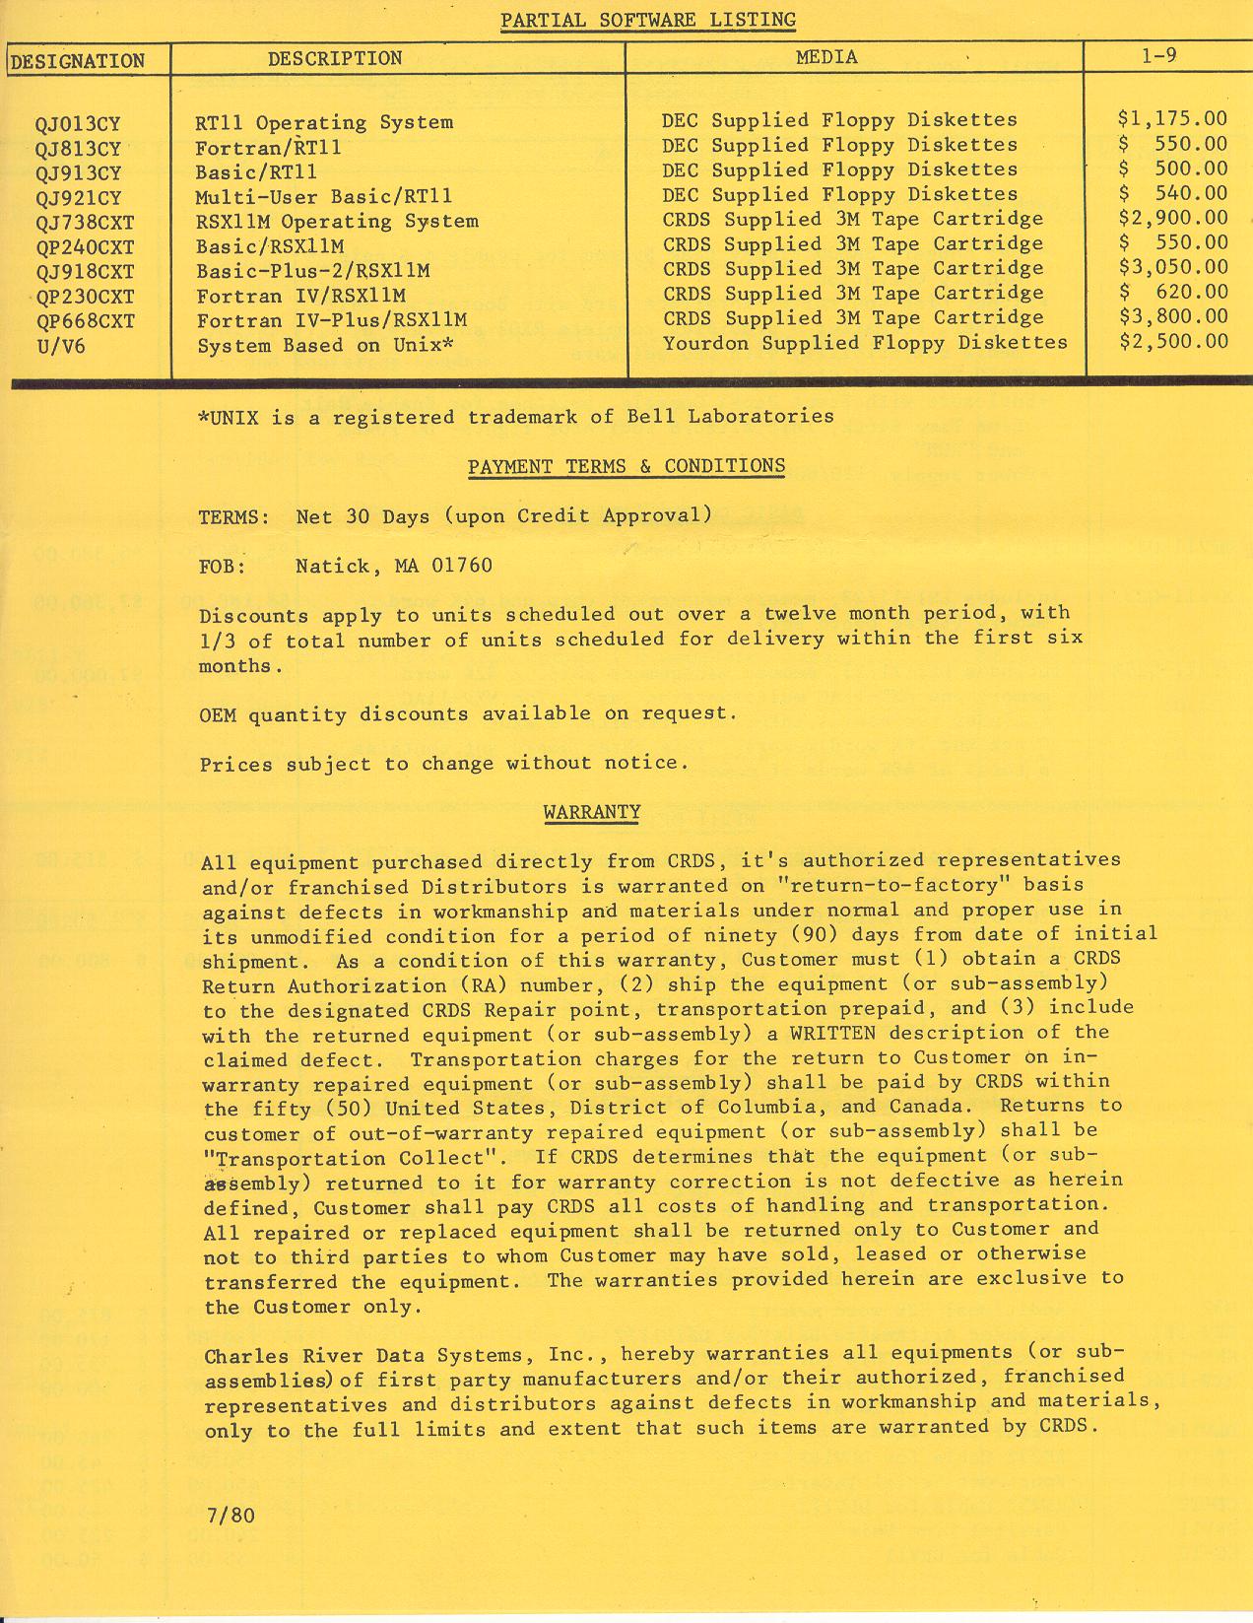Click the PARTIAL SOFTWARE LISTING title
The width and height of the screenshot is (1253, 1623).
[647, 20]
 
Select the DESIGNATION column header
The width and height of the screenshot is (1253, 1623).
[78, 61]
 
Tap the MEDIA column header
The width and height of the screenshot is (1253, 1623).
[826, 58]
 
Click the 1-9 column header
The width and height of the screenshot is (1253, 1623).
[1158, 56]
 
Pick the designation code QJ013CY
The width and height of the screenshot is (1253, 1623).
[78, 124]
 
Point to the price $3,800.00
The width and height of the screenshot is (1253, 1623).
[1172, 316]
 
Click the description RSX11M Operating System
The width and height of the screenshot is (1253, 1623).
[337, 222]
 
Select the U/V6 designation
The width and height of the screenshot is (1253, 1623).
[60, 346]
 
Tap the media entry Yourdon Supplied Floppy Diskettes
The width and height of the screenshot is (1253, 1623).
[865, 343]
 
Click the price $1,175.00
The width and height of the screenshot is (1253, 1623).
[1172, 119]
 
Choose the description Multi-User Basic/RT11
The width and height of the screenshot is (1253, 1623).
[323, 196]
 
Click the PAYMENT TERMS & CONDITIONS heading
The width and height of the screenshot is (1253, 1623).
[626, 466]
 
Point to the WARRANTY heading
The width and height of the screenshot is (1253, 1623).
[592, 812]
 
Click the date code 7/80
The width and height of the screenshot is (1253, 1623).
[231, 1515]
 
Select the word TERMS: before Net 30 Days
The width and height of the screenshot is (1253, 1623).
[234, 516]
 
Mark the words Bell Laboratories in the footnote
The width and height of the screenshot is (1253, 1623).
[730, 416]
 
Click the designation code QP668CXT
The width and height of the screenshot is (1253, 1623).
[85, 321]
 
